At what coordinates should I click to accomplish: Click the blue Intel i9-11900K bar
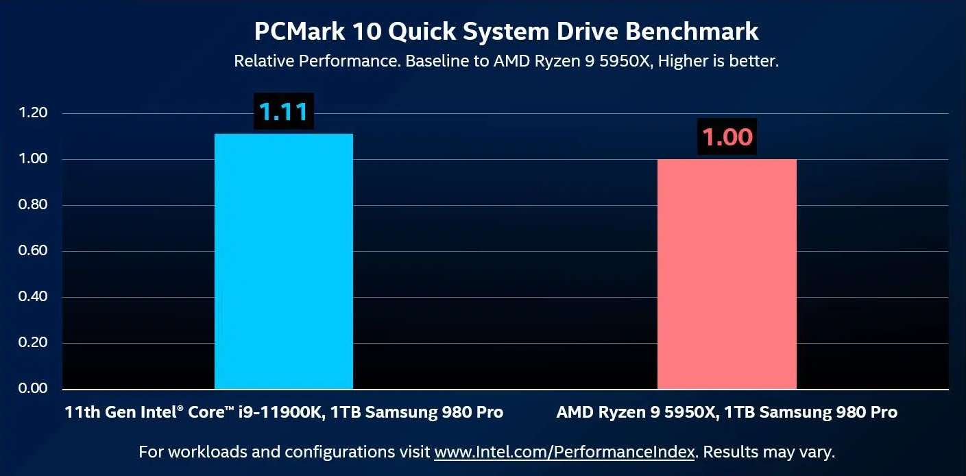284,261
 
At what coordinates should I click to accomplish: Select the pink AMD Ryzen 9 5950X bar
727,274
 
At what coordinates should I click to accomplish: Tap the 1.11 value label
284,112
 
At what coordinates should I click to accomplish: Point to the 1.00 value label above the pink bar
727,137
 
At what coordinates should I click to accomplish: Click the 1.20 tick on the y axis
33,113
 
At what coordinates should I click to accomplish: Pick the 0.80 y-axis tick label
33,205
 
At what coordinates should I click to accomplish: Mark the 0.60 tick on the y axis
33,251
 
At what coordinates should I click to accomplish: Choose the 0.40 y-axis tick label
33,297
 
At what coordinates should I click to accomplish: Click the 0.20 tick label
33,343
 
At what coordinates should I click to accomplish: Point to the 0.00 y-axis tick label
33,388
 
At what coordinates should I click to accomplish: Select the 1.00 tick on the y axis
33,159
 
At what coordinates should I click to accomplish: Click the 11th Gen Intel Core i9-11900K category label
284,412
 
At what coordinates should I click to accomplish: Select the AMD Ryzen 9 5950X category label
727,412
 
